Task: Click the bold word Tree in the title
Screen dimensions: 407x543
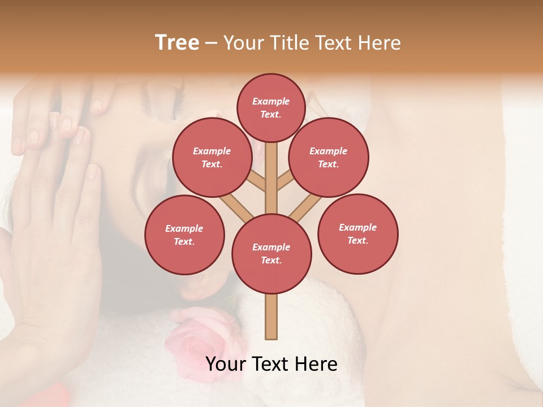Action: tap(177, 43)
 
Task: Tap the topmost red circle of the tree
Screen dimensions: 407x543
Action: tap(271, 107)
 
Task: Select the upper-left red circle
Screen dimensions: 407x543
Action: tap(212, 158)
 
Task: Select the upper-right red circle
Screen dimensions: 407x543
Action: tap(329, 158)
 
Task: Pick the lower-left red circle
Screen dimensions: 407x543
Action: tap(184, 235)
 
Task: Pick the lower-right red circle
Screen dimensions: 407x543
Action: tap(358, 234)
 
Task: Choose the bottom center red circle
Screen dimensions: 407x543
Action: tap(271, 254)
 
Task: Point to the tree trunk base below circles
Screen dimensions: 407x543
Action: tap(271, 317)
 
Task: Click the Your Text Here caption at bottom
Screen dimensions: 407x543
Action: tap(271, 365)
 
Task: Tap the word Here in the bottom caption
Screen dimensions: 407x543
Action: tap(316, 365)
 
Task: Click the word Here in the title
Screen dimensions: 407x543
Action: tap(379, 43)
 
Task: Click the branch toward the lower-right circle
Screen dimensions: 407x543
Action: tap(305, 208)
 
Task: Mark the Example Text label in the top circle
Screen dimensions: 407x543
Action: tap(271, 107)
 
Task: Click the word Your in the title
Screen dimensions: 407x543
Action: tap(244, 43)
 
